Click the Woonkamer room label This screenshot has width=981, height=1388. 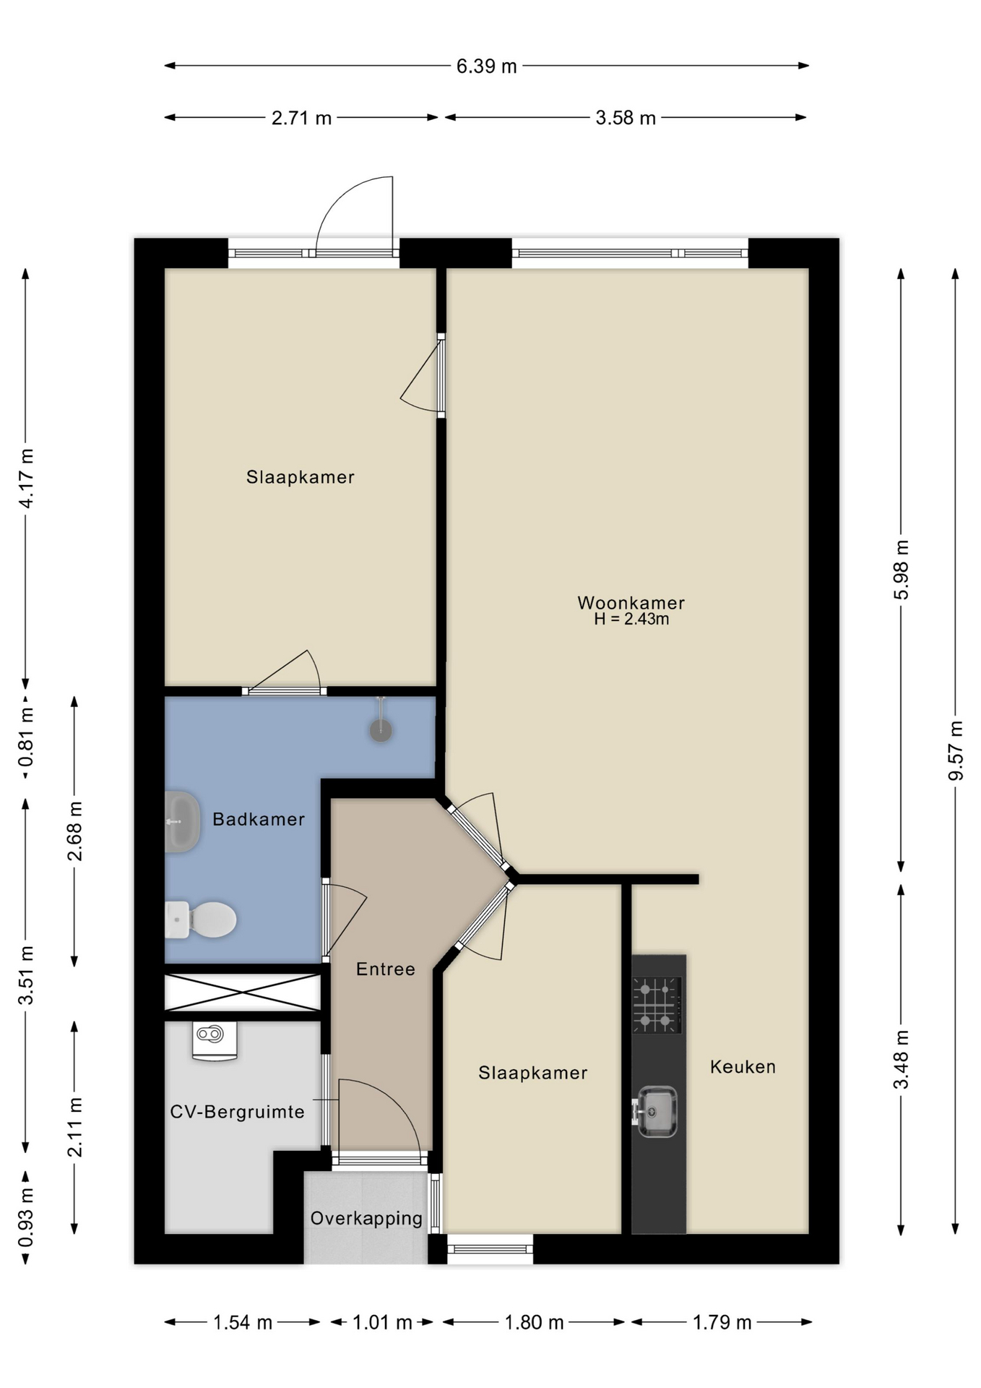pos(631,602)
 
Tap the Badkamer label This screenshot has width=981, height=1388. pos(259,819)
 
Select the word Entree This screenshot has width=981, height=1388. pos(386,969)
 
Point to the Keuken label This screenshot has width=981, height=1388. pos(743,1066)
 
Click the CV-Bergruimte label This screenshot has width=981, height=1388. pos(237,1111)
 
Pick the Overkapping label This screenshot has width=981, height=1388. pos(366,1218)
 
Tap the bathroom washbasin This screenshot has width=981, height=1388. pos(182,822)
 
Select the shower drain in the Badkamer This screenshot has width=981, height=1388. pos(381,730)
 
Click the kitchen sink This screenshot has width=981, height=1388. pos(655,1111)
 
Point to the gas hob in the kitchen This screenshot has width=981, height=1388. pos(657,1005)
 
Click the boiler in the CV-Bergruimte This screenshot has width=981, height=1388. pos(215,1041)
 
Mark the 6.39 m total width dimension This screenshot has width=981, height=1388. pos(486,67)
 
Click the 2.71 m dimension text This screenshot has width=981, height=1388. pos(301,118)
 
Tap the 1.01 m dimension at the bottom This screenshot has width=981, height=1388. pos(382,1322)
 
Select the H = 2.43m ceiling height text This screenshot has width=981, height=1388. pos(631,619)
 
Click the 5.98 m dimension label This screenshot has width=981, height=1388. pos(902,570)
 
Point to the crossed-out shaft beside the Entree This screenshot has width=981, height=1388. pos(243,992)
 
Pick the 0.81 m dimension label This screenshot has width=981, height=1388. pos(26,737)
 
